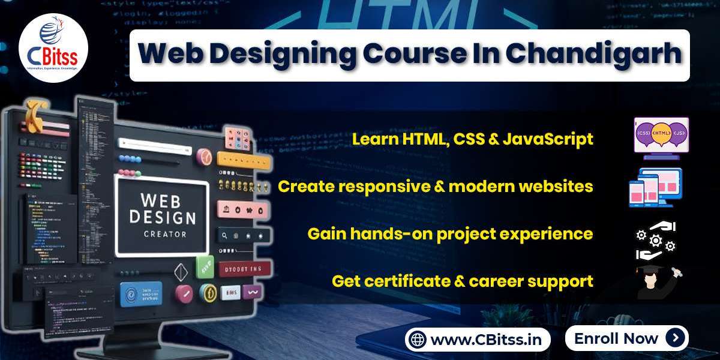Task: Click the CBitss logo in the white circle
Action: (53, 49)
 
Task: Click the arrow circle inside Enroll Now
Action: (675, 338)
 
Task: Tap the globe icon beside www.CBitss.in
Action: (418, 340)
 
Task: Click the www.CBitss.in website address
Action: (485, 340)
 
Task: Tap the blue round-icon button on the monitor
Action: (141, 295)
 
